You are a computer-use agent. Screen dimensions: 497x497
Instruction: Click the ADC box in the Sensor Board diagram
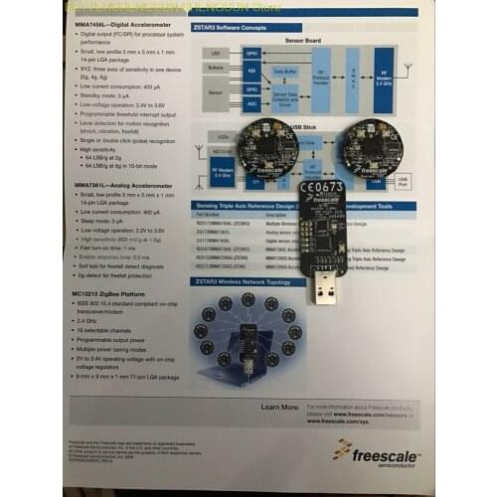pyautogui.click(x=250, y=102)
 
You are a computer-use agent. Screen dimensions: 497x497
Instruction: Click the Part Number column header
pyautogui.click(x=210, y=213)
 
